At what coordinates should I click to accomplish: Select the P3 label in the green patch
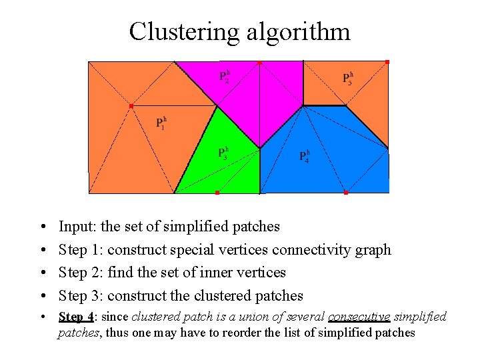[x=223, y=153]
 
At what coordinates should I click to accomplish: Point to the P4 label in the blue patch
[x=303, y=156]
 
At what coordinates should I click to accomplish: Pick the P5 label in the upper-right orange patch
[x=347, y=78]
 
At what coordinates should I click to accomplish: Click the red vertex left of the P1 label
[x=131, y=106]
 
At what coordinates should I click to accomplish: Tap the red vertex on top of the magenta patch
[x=259, y=63]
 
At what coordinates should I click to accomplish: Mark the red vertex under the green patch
[x=217, y=193]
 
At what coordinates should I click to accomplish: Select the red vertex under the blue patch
[x=345, y=193]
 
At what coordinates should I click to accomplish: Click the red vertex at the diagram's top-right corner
[x=387, y=62]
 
